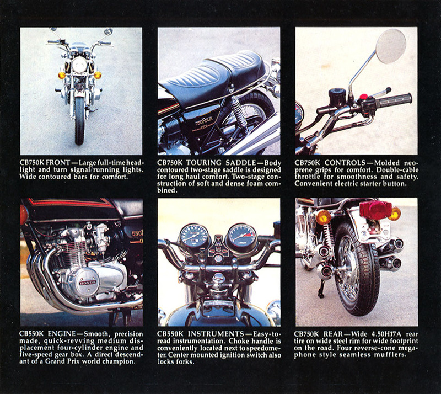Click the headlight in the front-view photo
79,65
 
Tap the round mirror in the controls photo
391,46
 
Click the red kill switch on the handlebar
364,97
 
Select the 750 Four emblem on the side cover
205,121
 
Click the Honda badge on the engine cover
88,282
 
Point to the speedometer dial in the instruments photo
194,236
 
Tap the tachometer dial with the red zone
242,236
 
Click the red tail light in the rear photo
375,210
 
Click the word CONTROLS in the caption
345,163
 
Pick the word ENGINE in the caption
62,334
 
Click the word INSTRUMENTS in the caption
216,334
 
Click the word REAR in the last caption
333,334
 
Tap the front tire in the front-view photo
79,120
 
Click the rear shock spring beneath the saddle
239,111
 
